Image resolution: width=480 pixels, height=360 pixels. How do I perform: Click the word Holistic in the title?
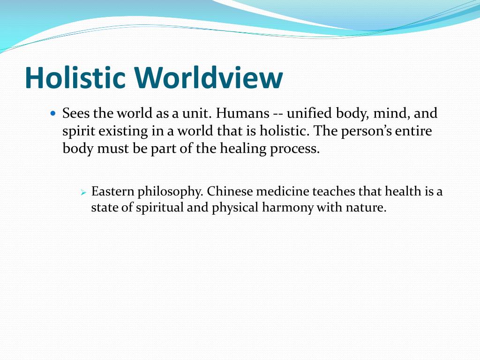[75, 78]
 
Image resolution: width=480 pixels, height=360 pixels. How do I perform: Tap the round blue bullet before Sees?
[53, 114]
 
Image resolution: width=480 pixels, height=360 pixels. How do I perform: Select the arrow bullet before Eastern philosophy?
[83, 193]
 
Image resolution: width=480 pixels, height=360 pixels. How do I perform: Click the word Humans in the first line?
[242, 114]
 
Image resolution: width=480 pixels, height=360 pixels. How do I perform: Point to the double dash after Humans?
[277, 114]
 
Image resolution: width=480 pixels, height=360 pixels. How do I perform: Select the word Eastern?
[110, 192]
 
